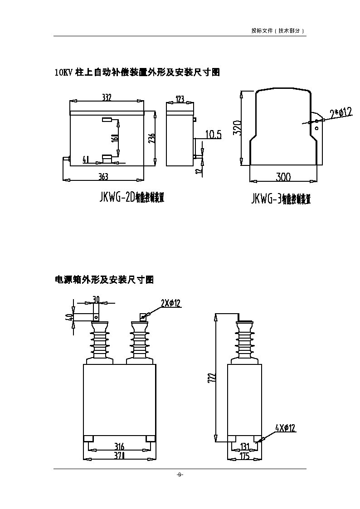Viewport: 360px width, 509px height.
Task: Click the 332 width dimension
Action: coord(107,97)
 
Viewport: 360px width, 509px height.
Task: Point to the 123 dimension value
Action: coord(180,99)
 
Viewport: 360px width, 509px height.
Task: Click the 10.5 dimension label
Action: coord(213,134)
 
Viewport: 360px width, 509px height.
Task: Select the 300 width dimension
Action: coord(283,176)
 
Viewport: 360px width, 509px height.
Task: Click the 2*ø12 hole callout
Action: coord(341,111)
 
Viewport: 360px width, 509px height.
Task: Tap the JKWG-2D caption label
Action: coord(131,198)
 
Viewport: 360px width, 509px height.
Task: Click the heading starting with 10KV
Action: coord(137,72)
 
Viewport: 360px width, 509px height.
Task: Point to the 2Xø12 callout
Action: coord(171,303)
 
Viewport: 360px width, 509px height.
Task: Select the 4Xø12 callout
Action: coord(285,427)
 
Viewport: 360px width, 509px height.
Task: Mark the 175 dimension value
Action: coord(245,456)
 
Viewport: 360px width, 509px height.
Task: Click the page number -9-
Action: coord(180,475)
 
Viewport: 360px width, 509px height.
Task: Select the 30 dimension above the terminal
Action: coord(96,299)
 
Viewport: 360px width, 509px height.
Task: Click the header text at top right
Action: coord(277,31)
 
